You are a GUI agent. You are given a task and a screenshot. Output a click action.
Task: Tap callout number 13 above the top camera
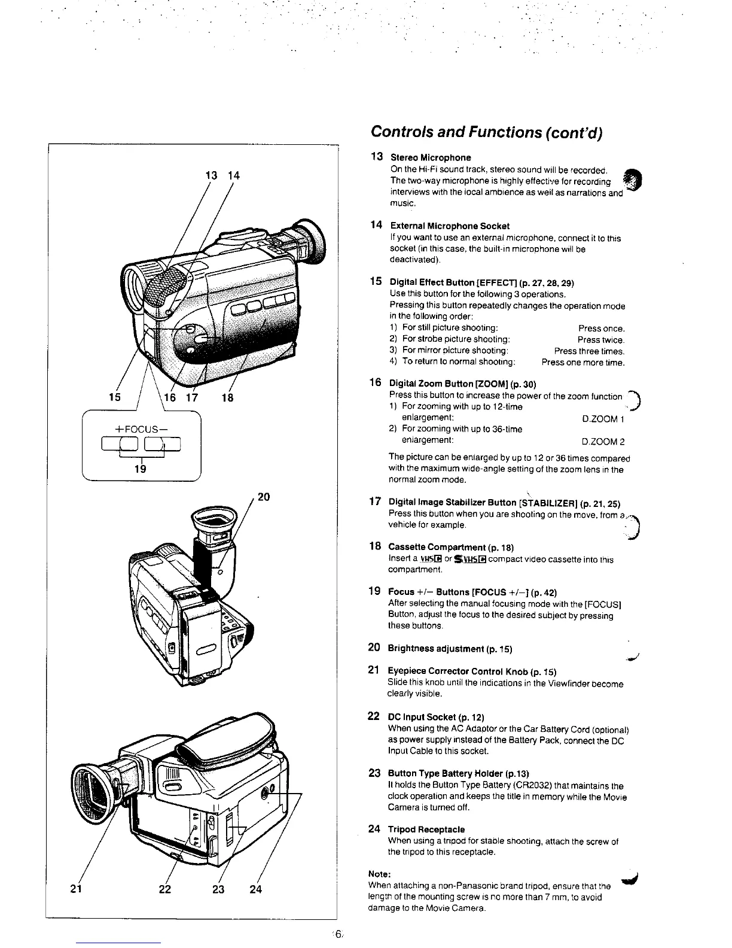point(211,175)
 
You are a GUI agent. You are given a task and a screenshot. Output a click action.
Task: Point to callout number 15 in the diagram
point(114,397)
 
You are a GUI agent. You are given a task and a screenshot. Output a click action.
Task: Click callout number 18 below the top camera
point(227,397)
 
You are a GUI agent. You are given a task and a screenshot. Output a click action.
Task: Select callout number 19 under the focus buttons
point(140,469)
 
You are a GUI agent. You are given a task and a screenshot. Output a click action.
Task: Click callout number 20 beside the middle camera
point(263,496)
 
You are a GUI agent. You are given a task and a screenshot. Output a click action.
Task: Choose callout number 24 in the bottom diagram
point(255,889)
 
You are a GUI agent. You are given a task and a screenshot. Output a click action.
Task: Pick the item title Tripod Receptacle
point(426,829)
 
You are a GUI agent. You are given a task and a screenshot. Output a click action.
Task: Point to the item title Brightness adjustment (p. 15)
point(450,649)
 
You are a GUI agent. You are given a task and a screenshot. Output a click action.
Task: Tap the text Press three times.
point(589,351)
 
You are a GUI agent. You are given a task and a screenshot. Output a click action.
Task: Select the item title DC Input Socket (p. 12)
point(436,717)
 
